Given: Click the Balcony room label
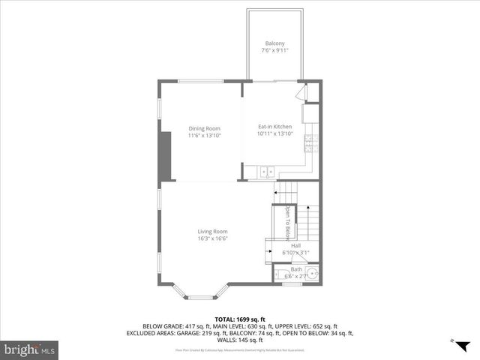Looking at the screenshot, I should [x=274, y=43].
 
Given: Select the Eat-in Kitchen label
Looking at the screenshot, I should [x=274, y=127].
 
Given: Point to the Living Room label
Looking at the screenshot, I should [x=212, y=231].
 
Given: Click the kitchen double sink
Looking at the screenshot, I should [x=266, y=173].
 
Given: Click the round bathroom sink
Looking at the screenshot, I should [x=311, y=275].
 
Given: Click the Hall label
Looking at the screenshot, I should [x=295, y=244].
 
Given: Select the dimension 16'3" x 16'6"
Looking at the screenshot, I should [x=212, y=238].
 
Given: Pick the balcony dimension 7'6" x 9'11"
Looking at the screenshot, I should [x=274, y=50].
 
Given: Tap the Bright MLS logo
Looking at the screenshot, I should [x=30, y=349].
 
